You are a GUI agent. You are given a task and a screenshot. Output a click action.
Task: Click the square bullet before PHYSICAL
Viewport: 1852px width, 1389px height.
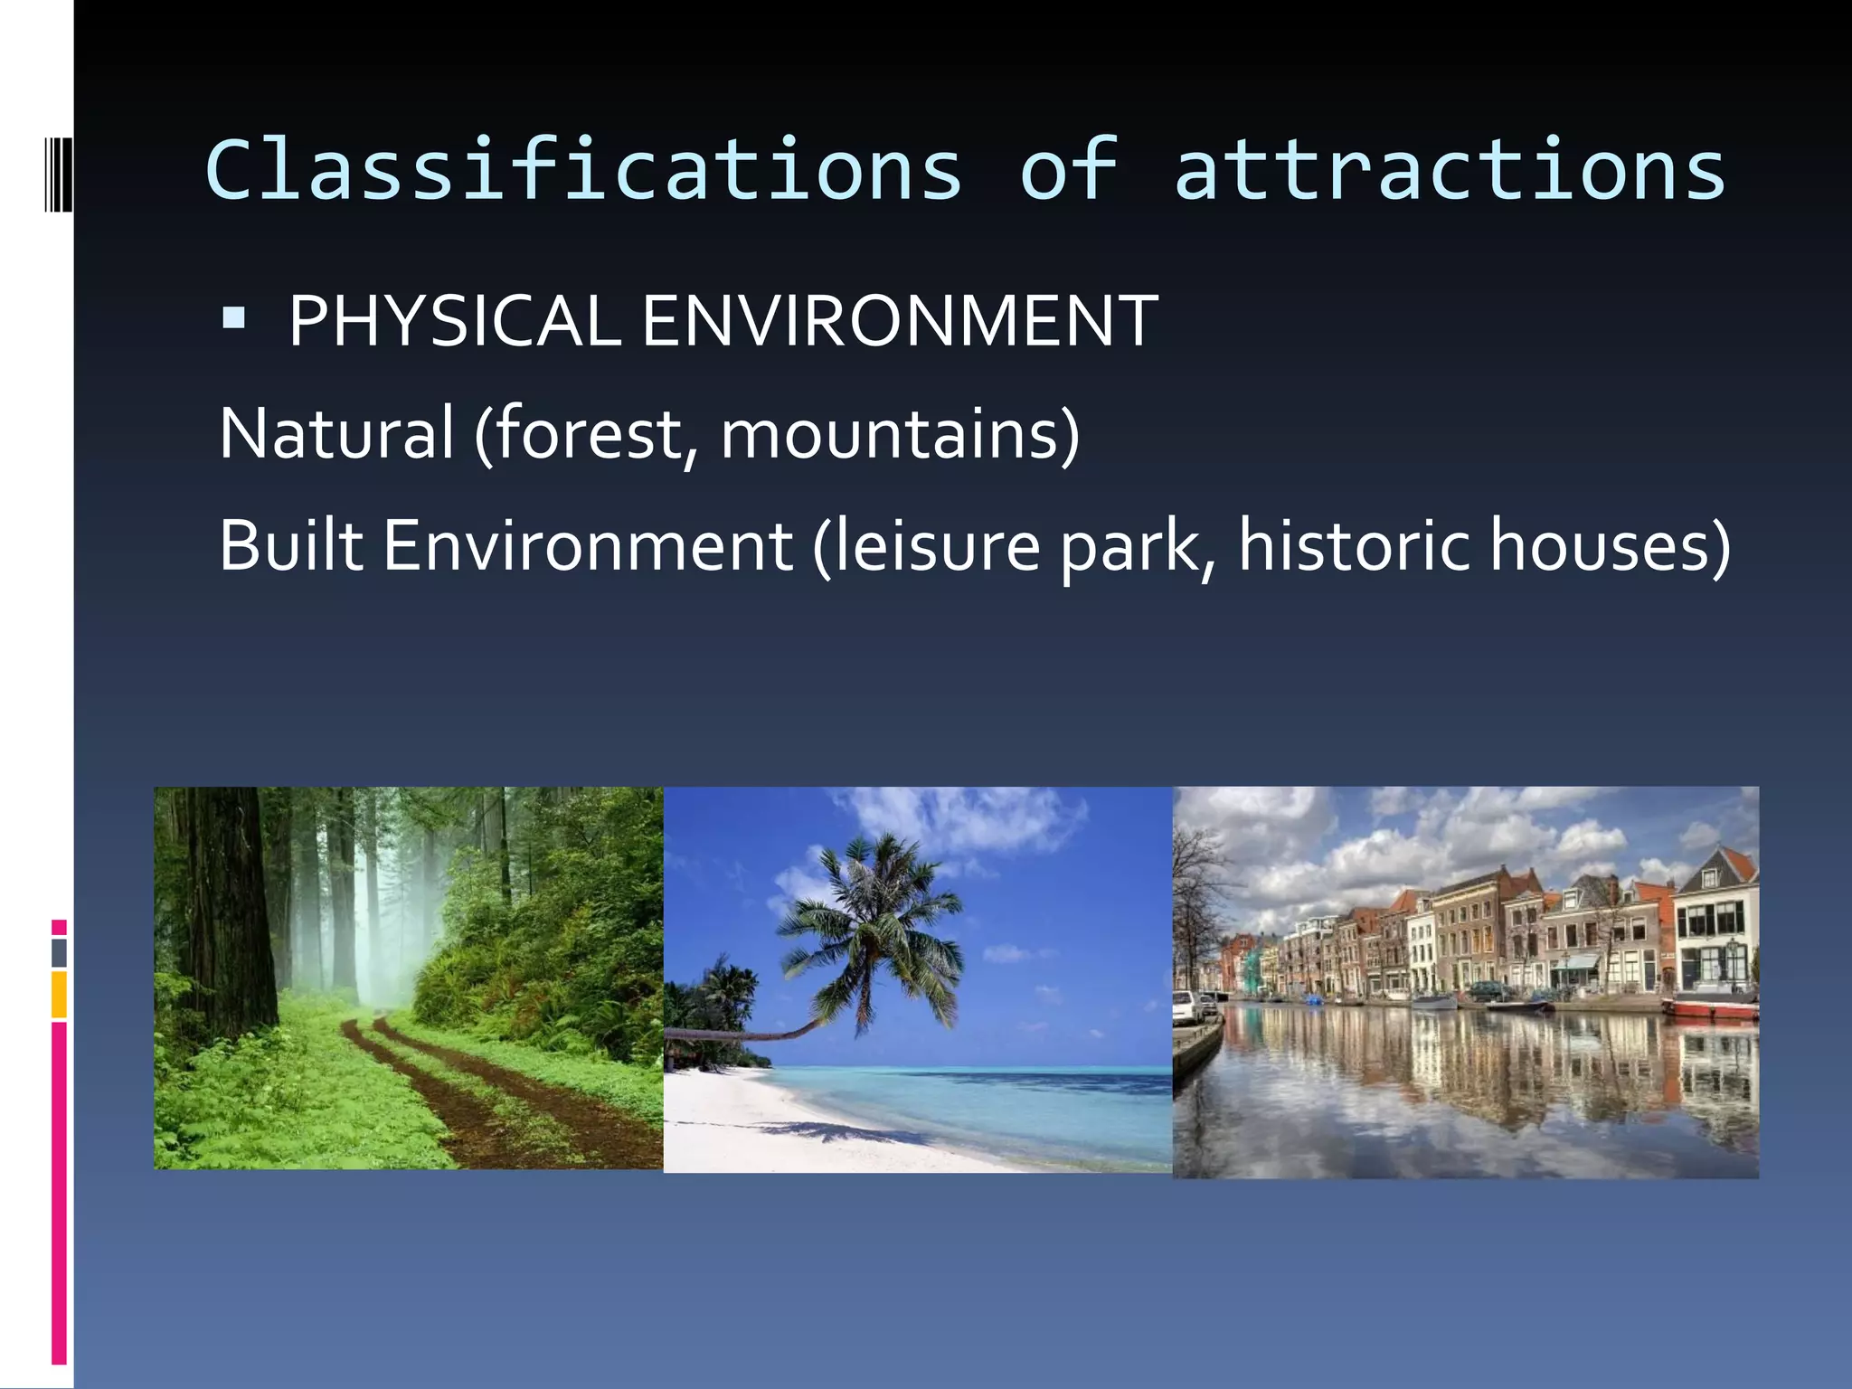(233, 318)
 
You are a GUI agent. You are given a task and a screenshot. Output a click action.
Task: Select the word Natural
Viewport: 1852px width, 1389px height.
(336, 434)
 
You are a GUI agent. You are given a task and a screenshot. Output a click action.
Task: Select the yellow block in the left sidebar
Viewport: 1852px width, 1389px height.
(59, 994)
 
